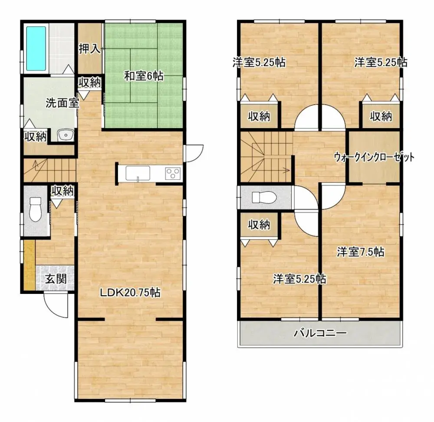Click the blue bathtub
click(x=36, y=49)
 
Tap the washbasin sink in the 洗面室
click(x=66, y=135)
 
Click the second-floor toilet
click(x=264, y=198)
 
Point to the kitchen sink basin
click(x=138, y=173)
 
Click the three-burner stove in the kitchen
click(x=173, y=173)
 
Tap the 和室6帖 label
click(x=144, y=76)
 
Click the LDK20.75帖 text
click(x=130, y=293)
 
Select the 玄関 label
click(x=56, y=279)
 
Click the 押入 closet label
click(x=89, y=49)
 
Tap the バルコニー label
click(x=320, y=333)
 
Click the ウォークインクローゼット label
click(x=374, y=157)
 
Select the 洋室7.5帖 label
click(x=360, y=252)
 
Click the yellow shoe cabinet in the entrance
click(x=30, y=265)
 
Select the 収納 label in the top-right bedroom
click(x=381, y=116)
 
